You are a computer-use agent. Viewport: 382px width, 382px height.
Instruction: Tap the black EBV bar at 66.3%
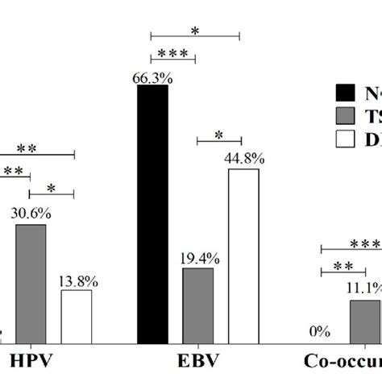(152, 214)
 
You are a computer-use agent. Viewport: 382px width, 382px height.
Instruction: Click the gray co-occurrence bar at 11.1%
(365, 322)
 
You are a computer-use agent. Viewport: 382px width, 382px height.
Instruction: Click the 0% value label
(320, 331)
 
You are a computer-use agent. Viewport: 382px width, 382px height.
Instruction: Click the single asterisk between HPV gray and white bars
(52, 188)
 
